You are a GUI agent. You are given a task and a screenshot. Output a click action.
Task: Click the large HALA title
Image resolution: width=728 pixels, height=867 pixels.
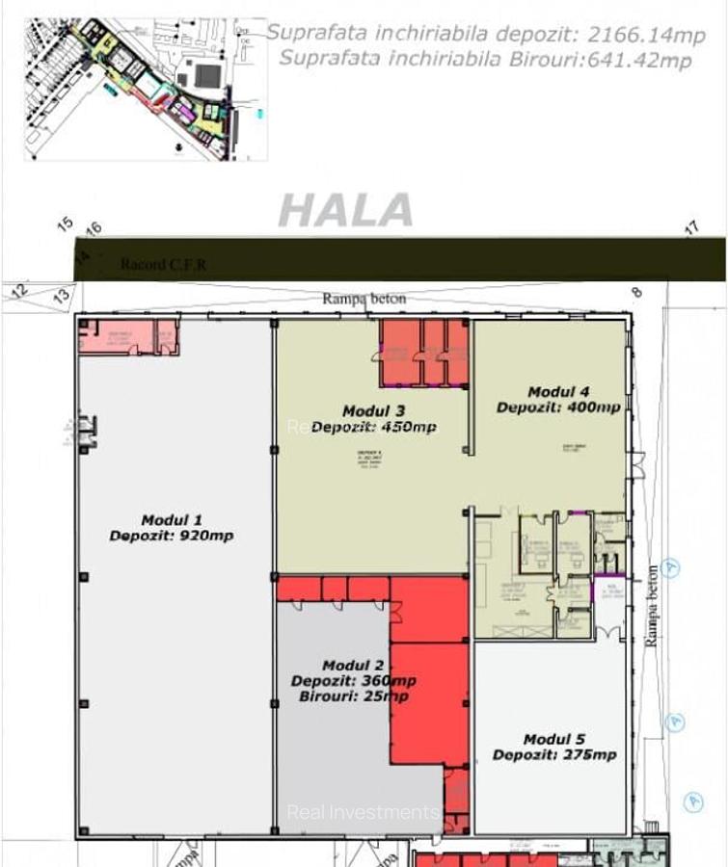346,211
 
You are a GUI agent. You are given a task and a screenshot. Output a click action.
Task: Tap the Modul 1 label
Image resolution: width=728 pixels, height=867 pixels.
171,520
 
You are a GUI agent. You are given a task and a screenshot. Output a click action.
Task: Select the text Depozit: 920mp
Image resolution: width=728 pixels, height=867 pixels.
171,536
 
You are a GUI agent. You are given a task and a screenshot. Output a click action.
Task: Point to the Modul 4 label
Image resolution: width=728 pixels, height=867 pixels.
558,392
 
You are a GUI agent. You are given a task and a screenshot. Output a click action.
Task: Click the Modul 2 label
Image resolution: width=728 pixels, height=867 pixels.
353,666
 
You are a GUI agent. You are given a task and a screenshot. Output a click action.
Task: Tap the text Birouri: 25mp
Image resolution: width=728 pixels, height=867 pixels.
353,696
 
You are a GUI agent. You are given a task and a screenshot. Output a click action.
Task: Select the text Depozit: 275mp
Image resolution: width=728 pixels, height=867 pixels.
553,755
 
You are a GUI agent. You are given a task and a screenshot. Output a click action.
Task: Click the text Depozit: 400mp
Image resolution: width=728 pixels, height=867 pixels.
558,407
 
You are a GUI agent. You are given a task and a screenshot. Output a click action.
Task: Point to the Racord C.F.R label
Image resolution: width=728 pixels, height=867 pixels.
163,265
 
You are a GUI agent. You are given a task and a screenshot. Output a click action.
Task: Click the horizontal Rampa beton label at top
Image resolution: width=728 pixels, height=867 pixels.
364,299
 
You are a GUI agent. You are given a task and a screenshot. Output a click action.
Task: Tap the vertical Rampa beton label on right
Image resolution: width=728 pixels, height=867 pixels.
652,605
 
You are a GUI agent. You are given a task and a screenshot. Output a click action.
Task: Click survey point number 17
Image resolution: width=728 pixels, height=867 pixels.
691,228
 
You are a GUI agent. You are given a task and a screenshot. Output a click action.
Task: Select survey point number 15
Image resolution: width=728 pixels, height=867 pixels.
65,224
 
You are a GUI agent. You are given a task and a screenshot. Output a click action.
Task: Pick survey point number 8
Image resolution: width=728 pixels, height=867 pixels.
635,292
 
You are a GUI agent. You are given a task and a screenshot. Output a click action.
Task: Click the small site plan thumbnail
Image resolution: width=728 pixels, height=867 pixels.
145,88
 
